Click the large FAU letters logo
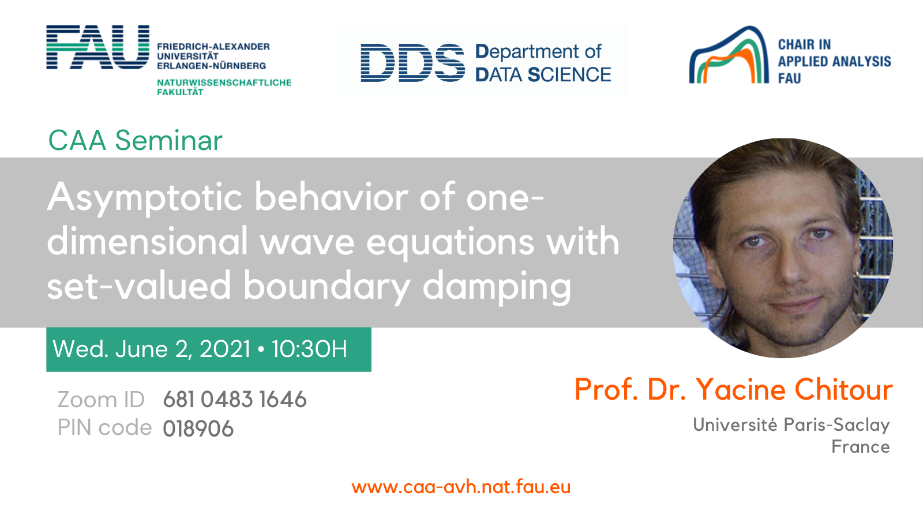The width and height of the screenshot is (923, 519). pos(97,47)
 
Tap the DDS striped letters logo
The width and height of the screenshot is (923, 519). pos(412,63)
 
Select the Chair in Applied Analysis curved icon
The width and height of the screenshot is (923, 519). pos(729,55)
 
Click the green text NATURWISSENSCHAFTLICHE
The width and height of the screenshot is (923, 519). pos(224,83)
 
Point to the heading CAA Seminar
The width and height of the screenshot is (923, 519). pos(135,141)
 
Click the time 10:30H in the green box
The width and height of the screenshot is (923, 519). pos(309,349)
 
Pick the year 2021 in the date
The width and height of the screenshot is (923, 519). pos(225,349)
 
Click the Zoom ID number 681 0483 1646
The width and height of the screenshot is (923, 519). pos(235,400)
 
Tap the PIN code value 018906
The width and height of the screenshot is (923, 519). pos(198,429)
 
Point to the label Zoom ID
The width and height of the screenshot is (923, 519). pos(101,400)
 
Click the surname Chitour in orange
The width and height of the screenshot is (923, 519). pos(843,389)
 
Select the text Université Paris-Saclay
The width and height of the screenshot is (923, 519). pos(791,425)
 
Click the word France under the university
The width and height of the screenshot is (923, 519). pos(861,447)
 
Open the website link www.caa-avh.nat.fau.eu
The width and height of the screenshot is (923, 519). pos(461,487)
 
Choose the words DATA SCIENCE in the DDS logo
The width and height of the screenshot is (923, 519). pos(543,74)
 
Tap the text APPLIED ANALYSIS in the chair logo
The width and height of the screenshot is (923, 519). pos(834,61)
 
